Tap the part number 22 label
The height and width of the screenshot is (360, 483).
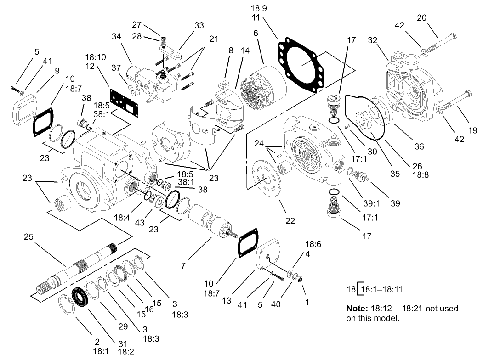[290, 220]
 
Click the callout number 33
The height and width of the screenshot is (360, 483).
[199, 26]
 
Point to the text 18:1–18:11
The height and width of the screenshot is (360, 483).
[381, 290]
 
